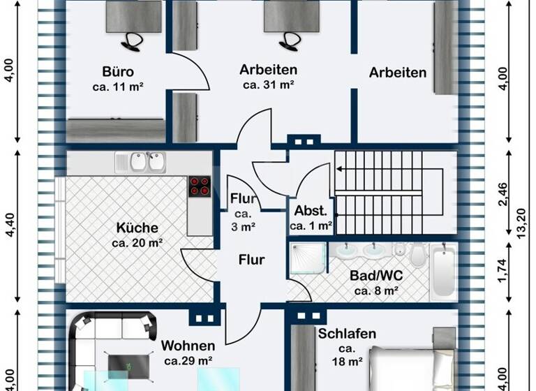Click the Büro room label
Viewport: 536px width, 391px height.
click(117, 73)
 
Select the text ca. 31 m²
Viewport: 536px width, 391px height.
click(268, 85)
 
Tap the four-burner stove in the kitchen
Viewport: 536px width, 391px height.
click(199, 186)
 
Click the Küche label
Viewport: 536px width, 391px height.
click(137, 228)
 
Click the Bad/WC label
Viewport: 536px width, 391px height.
click(376, 275)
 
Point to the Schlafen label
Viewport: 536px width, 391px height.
click(347, 334)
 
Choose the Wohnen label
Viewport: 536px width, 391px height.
click(188, 346)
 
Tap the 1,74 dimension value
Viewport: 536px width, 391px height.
click(502, 270)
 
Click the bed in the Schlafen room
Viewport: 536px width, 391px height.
click(412, 370)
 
